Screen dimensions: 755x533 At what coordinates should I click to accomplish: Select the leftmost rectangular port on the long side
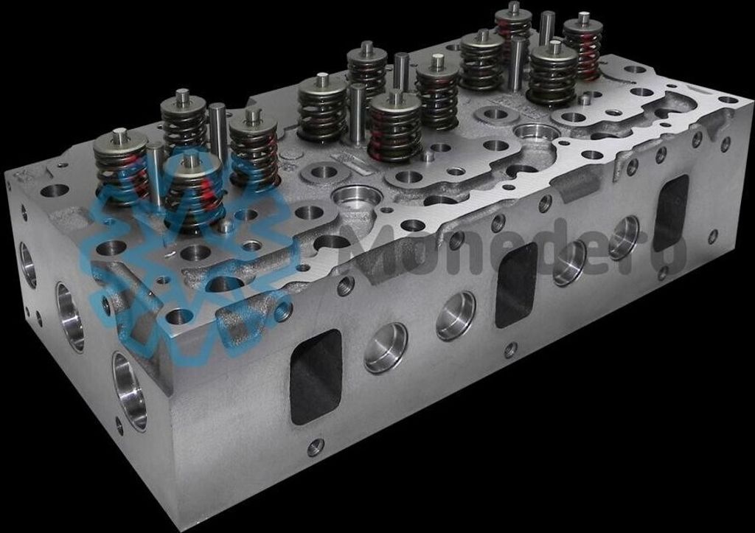tap(316, 377)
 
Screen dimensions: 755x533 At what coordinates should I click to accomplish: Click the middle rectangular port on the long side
tap(517, 285)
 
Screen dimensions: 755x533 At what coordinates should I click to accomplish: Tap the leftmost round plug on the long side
tap(386, 348)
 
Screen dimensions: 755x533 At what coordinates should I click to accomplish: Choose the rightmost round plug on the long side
tap(624, 238)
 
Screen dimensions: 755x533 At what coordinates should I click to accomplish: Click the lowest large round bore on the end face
tap(130, 391)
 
